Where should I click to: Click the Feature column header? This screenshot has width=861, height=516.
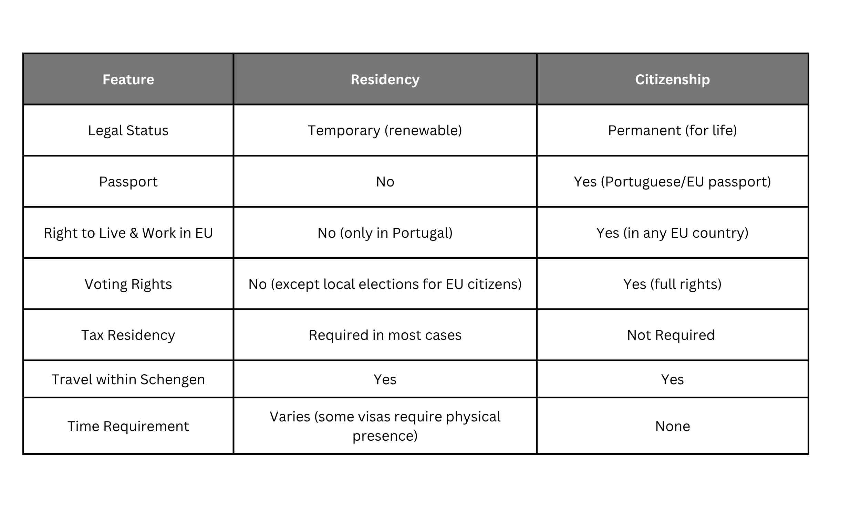[128, 79]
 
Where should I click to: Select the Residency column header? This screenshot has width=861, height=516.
[385, 79]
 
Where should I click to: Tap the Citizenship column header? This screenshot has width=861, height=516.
[672, 79]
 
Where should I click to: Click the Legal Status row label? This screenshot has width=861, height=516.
[128, 130]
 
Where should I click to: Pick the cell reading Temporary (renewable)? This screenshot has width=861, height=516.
[385, 130]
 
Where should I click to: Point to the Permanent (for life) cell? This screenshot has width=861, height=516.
[672, 130]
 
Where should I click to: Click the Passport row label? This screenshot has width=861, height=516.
[128, 182]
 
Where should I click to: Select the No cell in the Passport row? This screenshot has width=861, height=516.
[385, 182]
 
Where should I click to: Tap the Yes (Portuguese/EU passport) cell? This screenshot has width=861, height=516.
[672, 182]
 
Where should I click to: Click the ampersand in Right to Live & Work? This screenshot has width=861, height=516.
[134, 233]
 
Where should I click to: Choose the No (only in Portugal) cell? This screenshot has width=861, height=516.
[385, 233]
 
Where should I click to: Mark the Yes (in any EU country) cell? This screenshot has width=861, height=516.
[672, 233]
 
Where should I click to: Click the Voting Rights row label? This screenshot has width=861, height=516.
[128, 284]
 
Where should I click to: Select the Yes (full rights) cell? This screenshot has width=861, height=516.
[672, 284]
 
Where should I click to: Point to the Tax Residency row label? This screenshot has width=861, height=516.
[128, 335]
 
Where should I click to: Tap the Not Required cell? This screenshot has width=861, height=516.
[671, 335]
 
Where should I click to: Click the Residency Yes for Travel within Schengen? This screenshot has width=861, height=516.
[385, 379]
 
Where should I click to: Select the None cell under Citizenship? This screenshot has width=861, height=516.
[672, 426]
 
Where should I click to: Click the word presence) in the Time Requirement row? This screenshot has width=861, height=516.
[385, 436]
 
